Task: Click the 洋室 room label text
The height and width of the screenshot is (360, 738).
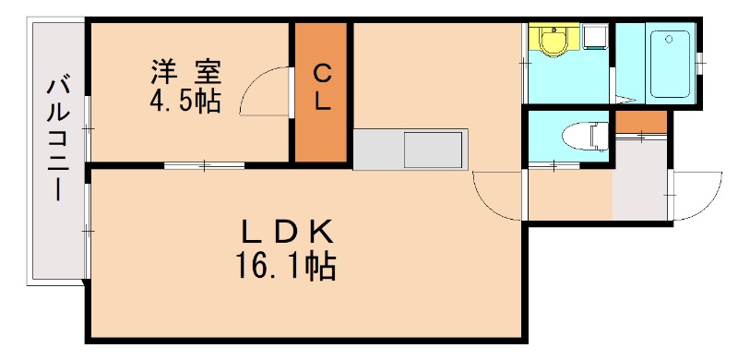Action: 185,71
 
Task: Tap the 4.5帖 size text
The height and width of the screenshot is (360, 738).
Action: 185,100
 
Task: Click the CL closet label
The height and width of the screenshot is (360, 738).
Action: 321,89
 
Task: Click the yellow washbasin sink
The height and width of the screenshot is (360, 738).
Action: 553,42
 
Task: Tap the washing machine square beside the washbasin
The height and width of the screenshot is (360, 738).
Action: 594,36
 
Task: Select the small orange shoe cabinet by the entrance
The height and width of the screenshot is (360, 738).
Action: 640,121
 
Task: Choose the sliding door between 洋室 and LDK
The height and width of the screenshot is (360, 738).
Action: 205,165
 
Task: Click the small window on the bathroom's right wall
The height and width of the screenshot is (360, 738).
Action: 699,61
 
